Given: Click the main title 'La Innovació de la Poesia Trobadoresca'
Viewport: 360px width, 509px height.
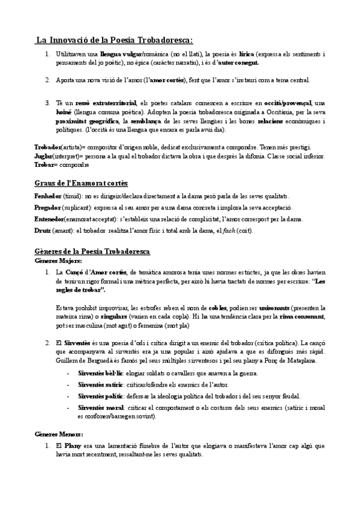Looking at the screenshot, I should (x=113, y=40).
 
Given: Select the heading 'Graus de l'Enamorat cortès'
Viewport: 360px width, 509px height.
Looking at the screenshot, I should (x=82, y=182).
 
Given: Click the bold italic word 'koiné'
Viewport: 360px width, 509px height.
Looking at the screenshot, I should (x=64, y=112).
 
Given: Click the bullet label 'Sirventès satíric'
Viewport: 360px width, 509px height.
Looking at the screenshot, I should (x=98, y=385).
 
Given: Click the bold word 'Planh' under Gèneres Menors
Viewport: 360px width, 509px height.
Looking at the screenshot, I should (x=72, y=446).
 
